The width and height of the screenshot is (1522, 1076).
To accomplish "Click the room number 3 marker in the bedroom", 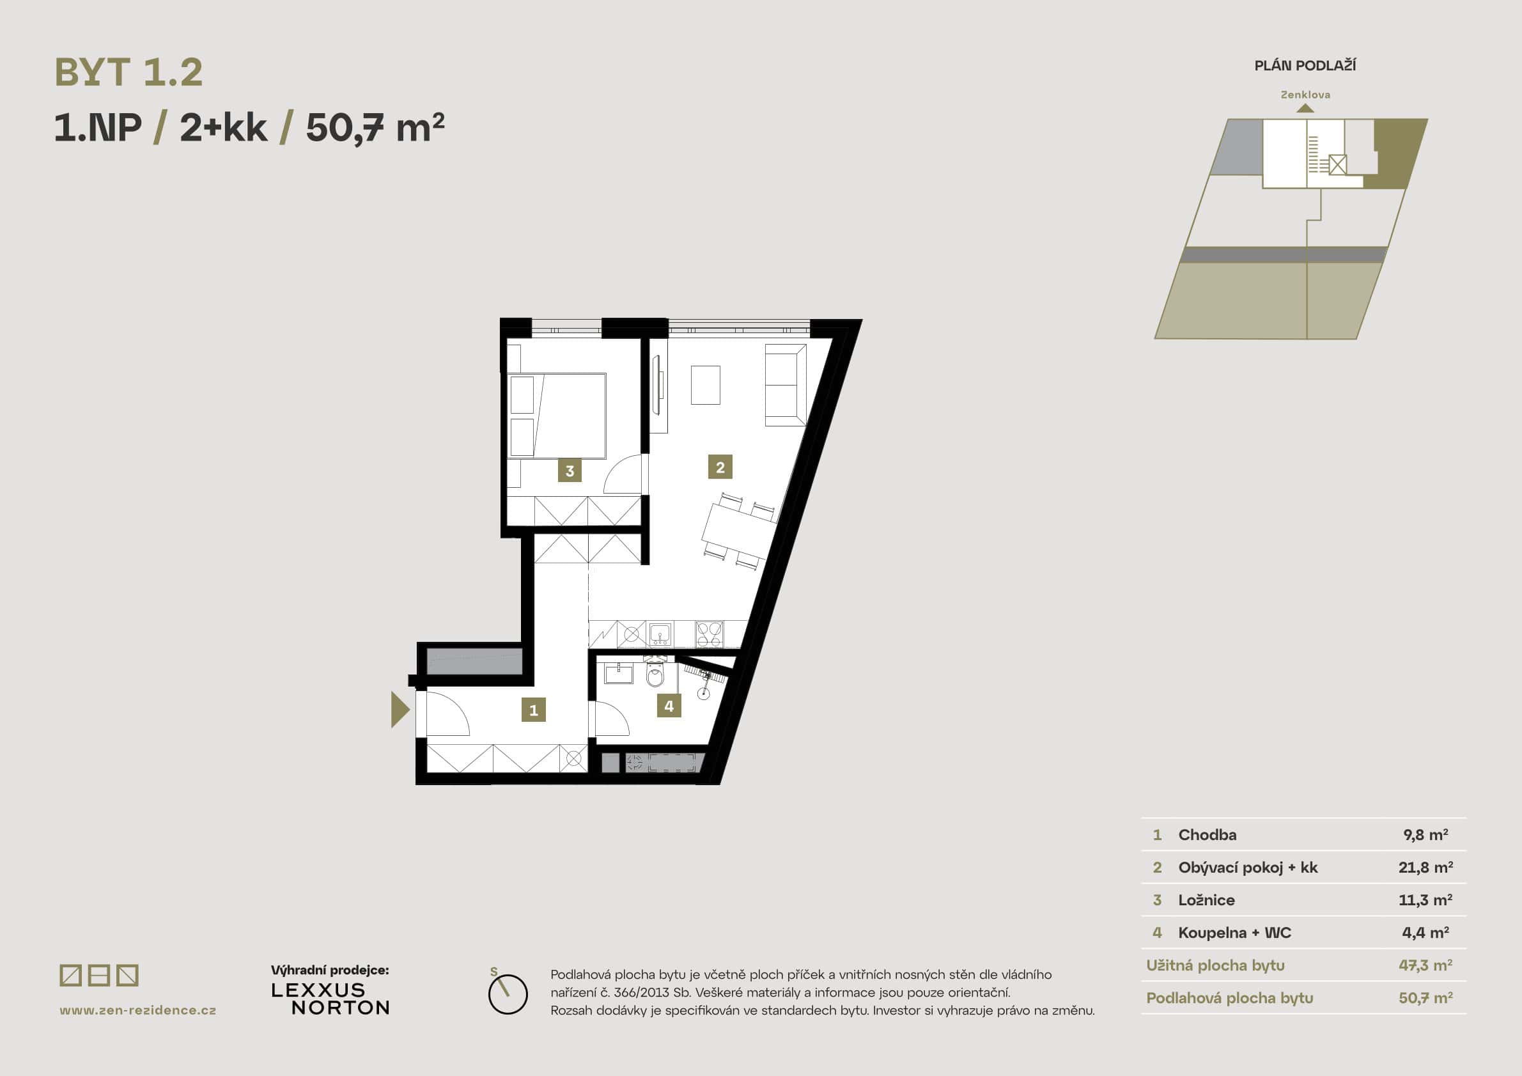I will (570, 471).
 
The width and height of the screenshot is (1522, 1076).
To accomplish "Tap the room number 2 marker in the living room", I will (720, 467).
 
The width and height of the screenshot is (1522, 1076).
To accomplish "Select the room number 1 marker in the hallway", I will (534, 710).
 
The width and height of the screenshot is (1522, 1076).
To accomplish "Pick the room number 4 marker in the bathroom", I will (669, 706).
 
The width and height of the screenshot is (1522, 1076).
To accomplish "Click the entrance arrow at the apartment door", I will (399, 710).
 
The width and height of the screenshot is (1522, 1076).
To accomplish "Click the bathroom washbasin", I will (619, 674).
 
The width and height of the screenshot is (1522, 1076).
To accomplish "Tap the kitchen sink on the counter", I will (660, 634).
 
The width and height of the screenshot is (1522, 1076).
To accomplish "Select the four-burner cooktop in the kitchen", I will (710, 634).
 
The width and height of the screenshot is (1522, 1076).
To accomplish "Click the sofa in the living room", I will (786, 384).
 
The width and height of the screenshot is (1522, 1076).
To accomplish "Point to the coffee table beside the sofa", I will (705, 384).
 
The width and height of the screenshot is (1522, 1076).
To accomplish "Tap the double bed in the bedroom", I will (557, 416).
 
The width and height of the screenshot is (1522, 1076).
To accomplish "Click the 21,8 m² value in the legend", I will (1425, 867).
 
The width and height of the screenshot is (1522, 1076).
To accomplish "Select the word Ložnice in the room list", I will (1206, 900).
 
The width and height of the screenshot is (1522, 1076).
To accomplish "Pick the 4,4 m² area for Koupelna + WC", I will (1425, 932).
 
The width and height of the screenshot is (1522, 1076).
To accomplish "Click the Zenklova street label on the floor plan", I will (1305, 95).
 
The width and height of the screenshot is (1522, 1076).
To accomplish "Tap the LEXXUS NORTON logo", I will (330, 999).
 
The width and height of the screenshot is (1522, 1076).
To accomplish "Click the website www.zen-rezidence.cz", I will (138, 1010).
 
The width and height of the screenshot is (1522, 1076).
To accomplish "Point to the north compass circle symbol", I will (508, 994).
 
